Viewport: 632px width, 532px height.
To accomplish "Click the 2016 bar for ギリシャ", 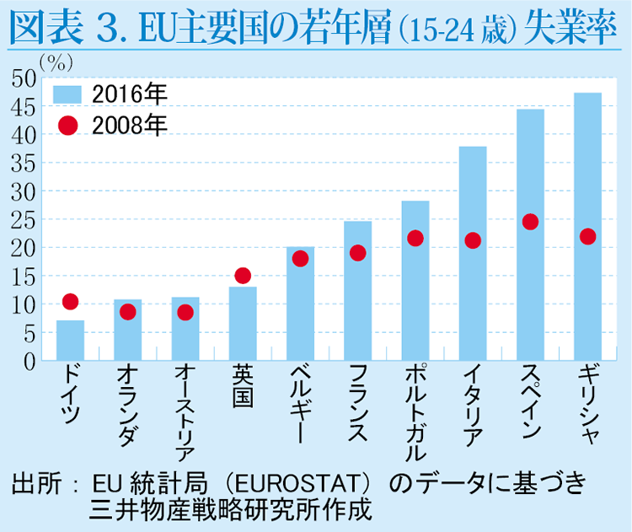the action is pyautogui.click(x=587, y=226).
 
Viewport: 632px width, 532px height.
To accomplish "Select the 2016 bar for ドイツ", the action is pyautogui.click(x=70, y=340).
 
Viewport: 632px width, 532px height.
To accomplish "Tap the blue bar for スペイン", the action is pyautogui.click(x=530, y=234).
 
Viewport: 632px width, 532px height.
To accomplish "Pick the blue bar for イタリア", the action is pyautogui.click(x=473, y=253).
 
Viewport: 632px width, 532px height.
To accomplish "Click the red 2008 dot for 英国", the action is pyautogui.click(x=243, y=276).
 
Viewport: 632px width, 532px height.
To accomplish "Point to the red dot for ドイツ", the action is pyautogui.click(x=70, y=301).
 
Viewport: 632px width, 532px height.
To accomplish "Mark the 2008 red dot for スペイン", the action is pyautogui.click(x=530, y=222).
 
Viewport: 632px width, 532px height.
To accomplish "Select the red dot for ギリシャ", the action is pyautogui.click(x=587, y=236).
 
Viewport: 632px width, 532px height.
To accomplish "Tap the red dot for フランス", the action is pyautogui.click(x=357, y=253).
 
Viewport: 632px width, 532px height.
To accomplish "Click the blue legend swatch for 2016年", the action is pyautogui.click(x=67, y=94).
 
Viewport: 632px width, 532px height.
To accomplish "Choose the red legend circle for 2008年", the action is pyautogui.click(x=67, y=126).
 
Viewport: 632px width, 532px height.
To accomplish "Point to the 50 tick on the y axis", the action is pyautogui.click(x=24, y=78).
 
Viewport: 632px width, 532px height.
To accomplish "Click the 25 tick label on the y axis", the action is pyautogui.click(x=24, y=220).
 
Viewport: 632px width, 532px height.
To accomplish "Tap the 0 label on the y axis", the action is pyautogui.click(x=29, y=362).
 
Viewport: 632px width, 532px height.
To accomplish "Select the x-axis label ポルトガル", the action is pyautogui.click(x=415, y=412).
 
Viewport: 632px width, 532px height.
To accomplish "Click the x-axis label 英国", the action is pyautogui.click(x=243, y=386).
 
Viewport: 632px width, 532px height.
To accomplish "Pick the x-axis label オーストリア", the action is pyautogui.click(x=185, y=412).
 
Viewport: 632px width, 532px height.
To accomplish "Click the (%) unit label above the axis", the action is pyautogui.click(x=56, y=62).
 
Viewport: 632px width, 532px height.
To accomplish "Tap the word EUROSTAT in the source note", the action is pyautogui.click(x=297, y=483).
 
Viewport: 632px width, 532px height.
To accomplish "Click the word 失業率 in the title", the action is pyautogui.click(x=570, y=27).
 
